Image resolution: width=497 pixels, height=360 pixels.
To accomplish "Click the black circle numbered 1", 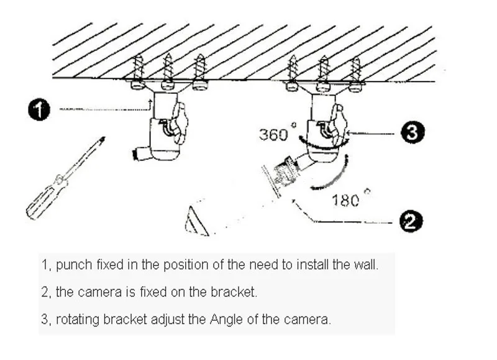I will coord(40,111).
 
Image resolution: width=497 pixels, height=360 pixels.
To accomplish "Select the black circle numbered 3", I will coord(413,132).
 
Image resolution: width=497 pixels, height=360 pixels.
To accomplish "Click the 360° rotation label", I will coord(274,134).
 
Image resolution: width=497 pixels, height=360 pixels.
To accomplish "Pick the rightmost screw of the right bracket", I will coord(355,73).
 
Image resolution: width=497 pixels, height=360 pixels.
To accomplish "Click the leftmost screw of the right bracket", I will coord(293,72).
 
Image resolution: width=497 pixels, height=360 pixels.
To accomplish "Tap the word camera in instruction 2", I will coord(96,292).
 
